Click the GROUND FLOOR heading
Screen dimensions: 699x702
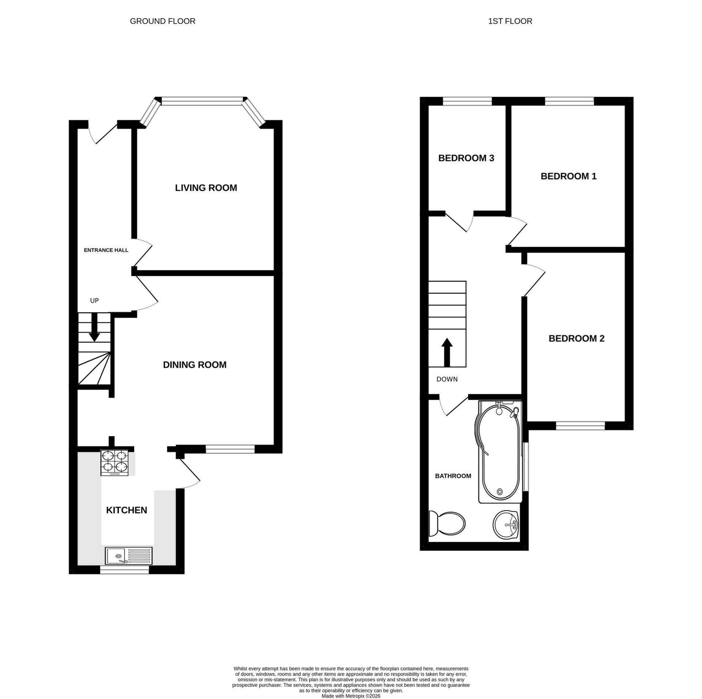162,21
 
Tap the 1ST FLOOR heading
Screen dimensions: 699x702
510,21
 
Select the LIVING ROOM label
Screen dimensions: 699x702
206,188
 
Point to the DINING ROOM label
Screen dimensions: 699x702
195,365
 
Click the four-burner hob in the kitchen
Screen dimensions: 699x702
115,463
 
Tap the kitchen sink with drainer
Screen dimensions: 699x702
129,556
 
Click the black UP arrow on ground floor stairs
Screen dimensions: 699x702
94,328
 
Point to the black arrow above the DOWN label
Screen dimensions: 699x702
447,352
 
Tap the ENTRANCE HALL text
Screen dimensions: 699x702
106,250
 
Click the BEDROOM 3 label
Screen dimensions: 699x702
466,158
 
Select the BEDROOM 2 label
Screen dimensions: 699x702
576,339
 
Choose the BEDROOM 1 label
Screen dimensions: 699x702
568,177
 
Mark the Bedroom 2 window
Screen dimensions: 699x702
580,425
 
